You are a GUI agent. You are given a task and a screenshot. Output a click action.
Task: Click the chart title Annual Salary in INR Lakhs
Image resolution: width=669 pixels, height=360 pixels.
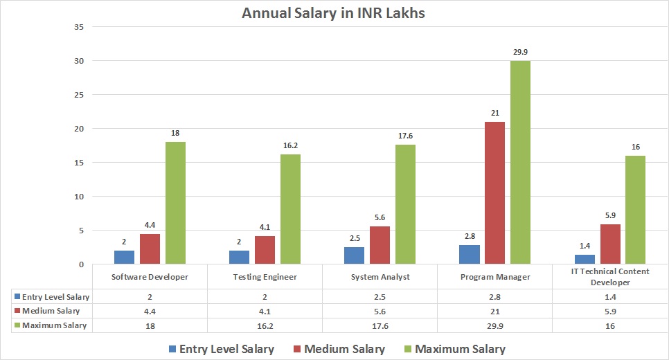(x=332, y=13)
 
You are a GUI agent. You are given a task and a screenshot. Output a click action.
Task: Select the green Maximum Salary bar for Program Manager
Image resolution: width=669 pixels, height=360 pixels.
(x=520, y=163)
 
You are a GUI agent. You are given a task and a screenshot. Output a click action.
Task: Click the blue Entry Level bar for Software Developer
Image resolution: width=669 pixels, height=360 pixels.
(x=124, y=257)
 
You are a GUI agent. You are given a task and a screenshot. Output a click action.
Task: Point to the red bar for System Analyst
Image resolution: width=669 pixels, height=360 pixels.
(x=380, y=245)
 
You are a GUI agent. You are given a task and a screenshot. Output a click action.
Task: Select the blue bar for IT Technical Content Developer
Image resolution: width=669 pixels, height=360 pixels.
(x=585, y=259)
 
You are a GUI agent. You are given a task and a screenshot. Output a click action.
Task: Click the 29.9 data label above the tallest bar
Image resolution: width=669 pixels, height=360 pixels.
(x=520, y=51)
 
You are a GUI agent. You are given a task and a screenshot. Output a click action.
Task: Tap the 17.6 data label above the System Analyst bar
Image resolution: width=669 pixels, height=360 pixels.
(x=405, y=135)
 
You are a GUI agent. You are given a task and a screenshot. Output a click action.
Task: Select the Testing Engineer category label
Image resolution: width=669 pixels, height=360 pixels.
(x=265, y=277)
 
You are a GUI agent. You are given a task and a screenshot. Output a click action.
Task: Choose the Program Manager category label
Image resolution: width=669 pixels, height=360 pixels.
(x=494, y=277)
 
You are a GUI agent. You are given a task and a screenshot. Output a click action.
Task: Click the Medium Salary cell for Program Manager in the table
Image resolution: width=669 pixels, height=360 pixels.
(x=494, y=311)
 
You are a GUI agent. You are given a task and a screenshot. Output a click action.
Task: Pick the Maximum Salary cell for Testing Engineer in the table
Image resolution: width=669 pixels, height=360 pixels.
(x=265, y=325)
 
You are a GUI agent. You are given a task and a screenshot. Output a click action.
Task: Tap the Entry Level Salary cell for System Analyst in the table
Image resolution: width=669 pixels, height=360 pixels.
(x=380, y=297)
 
